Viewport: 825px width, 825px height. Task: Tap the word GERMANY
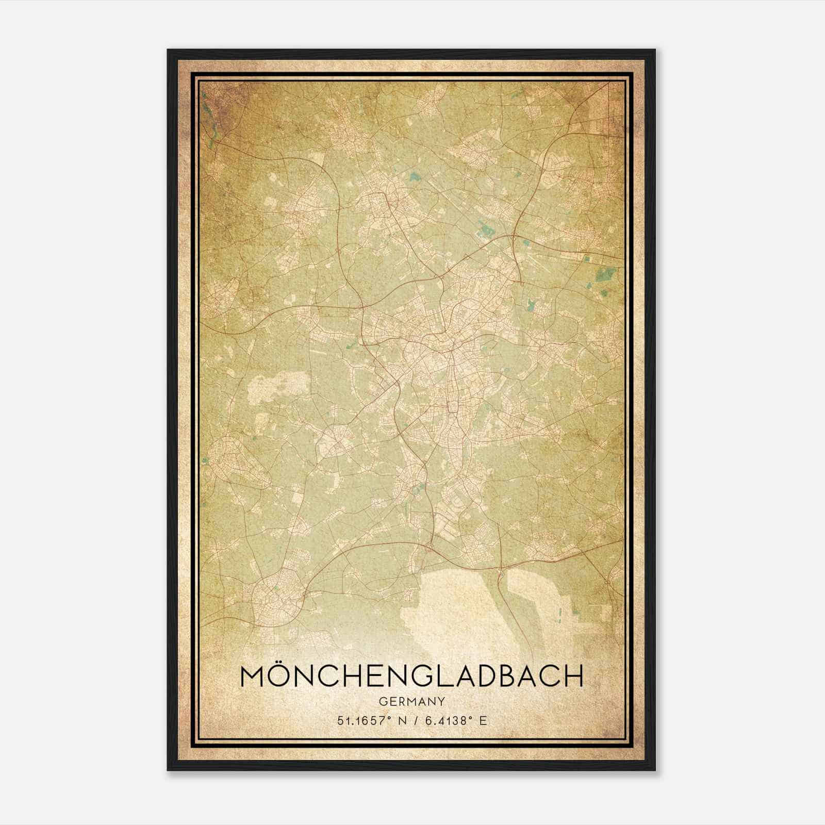tap(411, 701)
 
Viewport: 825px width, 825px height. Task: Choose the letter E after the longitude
tap(483, 720)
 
